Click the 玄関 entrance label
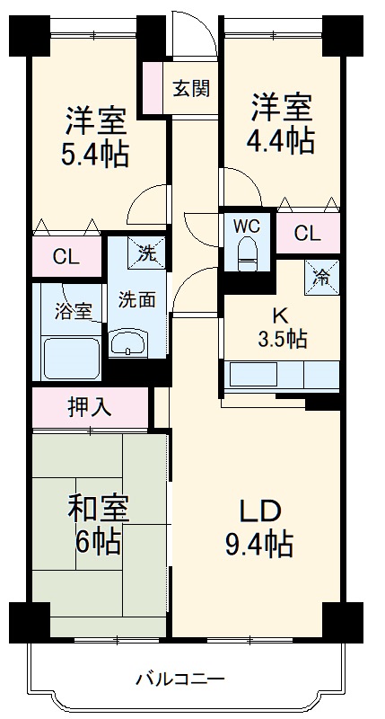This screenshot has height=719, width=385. click(191, 88)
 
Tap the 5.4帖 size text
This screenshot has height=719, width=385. click(95, 154)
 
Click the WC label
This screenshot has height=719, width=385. click(247, 226)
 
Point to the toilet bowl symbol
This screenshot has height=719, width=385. click(248, 255)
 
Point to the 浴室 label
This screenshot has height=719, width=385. click(74, 312)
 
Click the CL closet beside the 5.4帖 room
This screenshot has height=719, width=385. click(65, 257)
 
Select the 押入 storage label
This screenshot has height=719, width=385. click(90, 407)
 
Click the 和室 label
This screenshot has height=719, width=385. click(99, 509)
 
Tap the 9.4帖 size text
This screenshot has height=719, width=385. click(258, 543)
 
